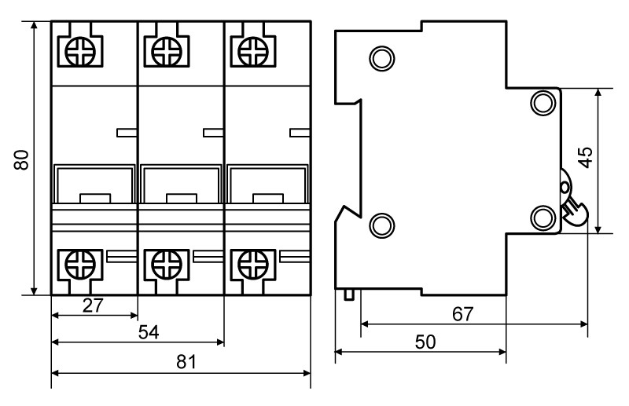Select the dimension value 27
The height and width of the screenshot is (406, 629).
coord(94,305)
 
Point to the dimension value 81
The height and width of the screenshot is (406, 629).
coord(182,362)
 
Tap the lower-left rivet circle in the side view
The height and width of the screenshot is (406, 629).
coord(381,225)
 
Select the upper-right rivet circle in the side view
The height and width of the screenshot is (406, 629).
coord(543,101)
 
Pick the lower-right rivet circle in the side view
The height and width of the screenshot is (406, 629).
coord(543,216)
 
